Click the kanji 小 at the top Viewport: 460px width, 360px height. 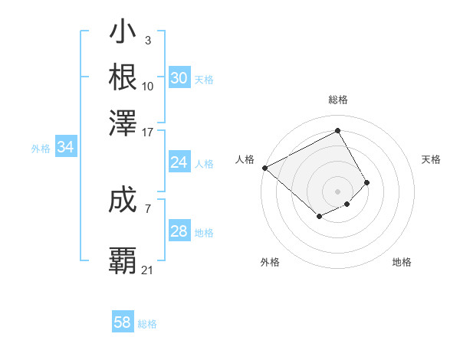[123, 34]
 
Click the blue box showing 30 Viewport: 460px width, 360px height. [179, 78]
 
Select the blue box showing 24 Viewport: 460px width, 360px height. [179, 162]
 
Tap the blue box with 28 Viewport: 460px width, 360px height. [179, 231]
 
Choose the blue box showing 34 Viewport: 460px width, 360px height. [65, 148]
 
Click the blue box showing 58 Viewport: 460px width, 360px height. [123, 322]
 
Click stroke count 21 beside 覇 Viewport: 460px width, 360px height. [147, 270]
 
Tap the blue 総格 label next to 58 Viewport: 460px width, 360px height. [147, 324]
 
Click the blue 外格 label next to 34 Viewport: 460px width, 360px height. [41, 149]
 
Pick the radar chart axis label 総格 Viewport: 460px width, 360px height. [337, 100]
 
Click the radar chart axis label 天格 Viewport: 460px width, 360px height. [432, 159]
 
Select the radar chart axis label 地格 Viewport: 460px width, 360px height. [402, 262]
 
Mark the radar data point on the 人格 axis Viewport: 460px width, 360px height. [264, 168]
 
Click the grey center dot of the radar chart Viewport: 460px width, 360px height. [337, 191]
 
